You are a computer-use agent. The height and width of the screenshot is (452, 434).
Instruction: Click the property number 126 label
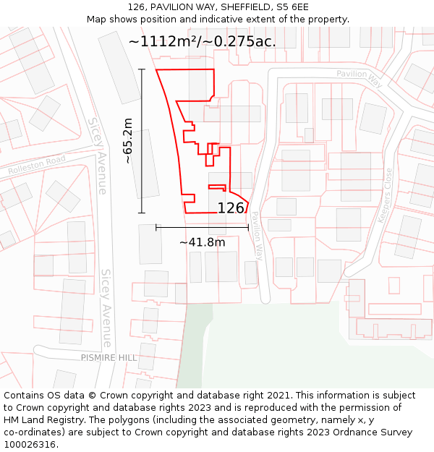[x=231, y=208]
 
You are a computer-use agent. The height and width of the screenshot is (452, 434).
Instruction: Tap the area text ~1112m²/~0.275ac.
[x=202, y=41]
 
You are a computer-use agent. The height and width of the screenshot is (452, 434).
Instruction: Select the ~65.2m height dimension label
[x=128, y=141]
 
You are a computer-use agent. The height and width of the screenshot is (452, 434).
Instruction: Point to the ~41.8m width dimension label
[x=202, y=242]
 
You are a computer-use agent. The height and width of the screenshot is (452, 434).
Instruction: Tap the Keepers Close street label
[x=384, y=195]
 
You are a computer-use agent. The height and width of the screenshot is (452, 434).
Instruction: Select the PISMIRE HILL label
[x=109, y=358]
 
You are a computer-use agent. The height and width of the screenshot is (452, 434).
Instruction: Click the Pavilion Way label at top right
[x=359, y=74]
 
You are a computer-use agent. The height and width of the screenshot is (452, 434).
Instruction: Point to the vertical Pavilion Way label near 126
[x=257, y=236]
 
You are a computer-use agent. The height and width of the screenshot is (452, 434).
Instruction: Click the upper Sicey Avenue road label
[x=98, y=155]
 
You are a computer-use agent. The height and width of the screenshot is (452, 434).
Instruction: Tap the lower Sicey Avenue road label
[x=106, y=307]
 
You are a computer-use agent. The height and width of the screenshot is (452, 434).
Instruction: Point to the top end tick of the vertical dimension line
[x=142, y=69]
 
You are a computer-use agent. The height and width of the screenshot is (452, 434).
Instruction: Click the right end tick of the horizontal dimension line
[x=248, y=227]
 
